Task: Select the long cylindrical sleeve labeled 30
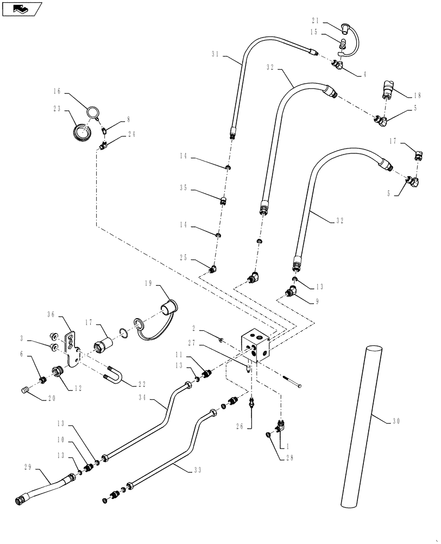pyautogui.click(x=359, y=424)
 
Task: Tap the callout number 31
pyautogui.click(x=216, y=54)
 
